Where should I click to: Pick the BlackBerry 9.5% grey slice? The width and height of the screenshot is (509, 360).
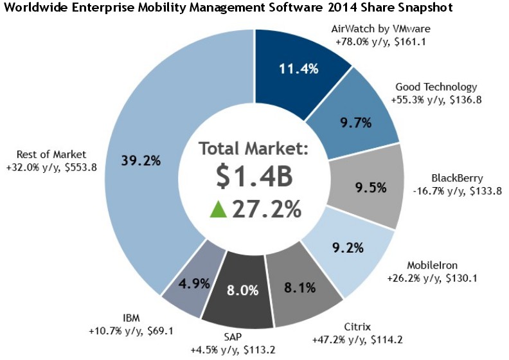370,188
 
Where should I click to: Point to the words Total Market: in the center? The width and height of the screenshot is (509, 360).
254,149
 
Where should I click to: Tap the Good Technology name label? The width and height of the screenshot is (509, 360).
436,87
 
